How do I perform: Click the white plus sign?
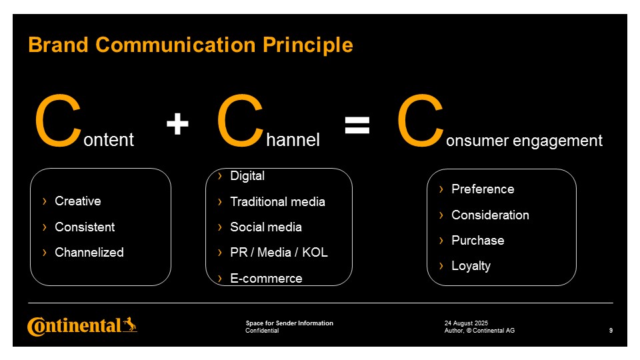point(177,124)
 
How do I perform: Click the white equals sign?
point(357,125)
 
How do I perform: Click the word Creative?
point(77,201)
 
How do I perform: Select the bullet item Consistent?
point(85,227)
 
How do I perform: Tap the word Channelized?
point(89,252)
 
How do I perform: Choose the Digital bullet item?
point(247,175)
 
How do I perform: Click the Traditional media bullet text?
point(277,201)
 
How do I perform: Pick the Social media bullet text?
point(266,227)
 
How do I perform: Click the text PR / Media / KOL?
point(279,252)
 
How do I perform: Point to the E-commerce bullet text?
point(266,279)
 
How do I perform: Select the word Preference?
point(483,189)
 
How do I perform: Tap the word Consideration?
point(490,215)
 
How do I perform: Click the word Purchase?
point(477,241)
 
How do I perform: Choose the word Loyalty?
point(471,266)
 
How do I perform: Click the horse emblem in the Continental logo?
point(130,325)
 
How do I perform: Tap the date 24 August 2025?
point(466,323)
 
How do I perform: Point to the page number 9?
point(611,331)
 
